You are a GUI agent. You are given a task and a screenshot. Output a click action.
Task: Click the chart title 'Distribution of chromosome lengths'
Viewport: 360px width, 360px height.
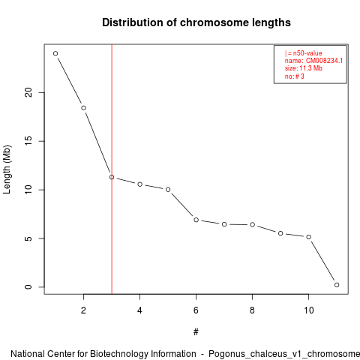click(x=196, y=22)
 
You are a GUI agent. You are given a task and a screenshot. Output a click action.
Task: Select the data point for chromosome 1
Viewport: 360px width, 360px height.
click(x=55, y=53)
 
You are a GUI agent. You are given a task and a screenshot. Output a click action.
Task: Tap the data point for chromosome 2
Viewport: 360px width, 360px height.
click(x=84, y=108)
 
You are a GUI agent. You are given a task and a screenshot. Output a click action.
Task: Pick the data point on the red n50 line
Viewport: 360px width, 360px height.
click(x=112, y=177)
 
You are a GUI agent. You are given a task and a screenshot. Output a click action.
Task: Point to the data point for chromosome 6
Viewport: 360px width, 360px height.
click(x=196, y=220)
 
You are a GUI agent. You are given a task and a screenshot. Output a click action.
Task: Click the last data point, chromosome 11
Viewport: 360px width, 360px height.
click(x=337, y=285)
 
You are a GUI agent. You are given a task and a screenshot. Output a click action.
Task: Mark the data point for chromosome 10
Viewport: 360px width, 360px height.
click(x=309, y=237)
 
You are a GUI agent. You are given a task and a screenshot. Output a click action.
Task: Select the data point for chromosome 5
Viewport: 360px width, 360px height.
click(x=168, y=190)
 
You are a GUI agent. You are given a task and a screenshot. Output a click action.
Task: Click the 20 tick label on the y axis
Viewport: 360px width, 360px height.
click(x=28, y=92)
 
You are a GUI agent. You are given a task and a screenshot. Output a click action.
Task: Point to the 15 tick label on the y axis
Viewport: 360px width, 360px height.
click(x=28, y=141)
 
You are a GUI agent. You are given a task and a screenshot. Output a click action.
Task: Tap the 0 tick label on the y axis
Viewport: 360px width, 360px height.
click(x=28, y=287)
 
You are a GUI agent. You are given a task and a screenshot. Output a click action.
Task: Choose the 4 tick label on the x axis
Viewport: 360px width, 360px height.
click(x=139, y=310)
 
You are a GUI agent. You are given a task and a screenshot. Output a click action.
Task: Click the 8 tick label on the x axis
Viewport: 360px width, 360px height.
click(x=252, y=310)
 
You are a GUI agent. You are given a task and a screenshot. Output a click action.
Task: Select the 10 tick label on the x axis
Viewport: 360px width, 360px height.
click(x=309, y=310)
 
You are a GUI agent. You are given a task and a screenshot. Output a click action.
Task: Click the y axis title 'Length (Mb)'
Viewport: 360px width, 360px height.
click(x=7, y=169)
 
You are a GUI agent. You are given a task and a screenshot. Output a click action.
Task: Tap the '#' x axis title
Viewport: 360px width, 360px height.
click(x=196, y=332)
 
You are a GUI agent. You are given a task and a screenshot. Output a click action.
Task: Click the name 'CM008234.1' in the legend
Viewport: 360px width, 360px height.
click(x=324, y=61)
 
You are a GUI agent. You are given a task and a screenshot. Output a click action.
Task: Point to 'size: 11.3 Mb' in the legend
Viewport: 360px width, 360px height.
click(x=303, y=68)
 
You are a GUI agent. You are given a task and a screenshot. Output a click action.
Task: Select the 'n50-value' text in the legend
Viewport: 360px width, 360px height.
click(x=307, y=53)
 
